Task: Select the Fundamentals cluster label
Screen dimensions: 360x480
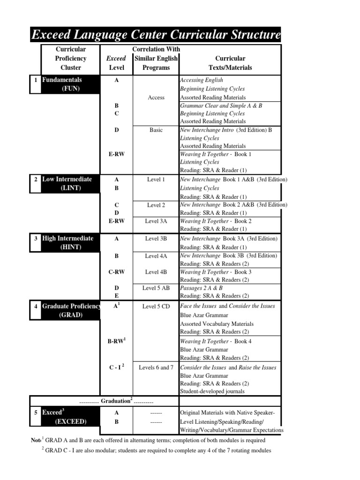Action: pos(62,80)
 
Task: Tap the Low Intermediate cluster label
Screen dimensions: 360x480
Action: pos(67,180)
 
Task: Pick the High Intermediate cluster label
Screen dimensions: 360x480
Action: pos(67,239)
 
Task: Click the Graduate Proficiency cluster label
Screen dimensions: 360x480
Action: pos(71,306)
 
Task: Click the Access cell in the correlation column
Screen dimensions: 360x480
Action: pos(156,97)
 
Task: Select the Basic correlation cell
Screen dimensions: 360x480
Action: pos(156,130)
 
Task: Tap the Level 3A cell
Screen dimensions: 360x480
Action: pos(156,221)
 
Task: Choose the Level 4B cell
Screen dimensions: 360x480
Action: pos(156,272)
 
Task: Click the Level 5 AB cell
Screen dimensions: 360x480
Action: pos(156,288)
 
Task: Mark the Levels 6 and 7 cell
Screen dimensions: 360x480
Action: pos(156,367)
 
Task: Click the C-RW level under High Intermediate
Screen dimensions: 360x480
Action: pos(116,272)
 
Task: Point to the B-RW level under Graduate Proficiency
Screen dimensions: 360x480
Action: pos(116,341)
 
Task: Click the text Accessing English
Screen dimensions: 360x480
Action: pos(202,80)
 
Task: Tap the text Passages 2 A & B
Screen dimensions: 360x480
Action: pos(202,288)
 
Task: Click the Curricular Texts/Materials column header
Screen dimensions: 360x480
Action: pos(230,63)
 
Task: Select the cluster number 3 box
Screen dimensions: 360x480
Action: pos(36,239)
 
